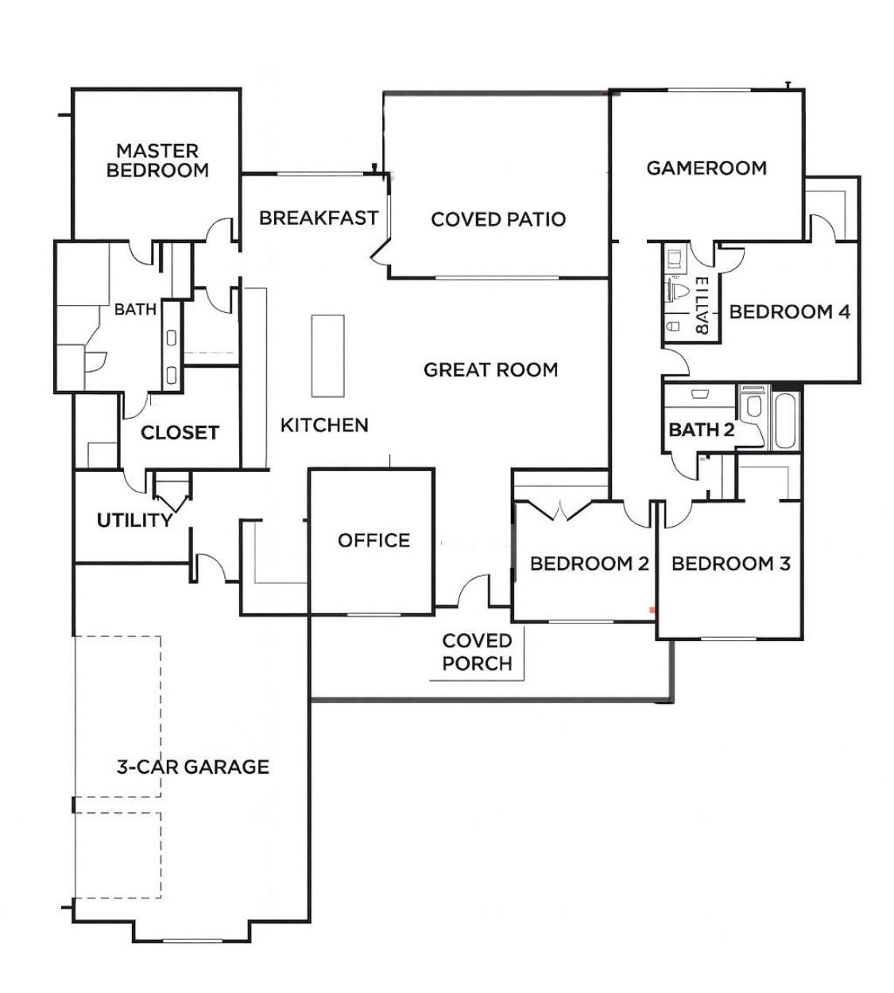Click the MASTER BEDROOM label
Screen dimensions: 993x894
click(157, 160)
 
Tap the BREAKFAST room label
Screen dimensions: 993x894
click(318, 218)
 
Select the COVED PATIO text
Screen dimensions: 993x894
click(498, 219)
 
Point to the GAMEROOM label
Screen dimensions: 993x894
click(706, 168)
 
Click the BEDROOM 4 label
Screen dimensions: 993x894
click(789, 312)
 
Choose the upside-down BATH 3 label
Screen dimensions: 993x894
click(701, 307)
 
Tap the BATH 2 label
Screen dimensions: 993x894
click(701, 431)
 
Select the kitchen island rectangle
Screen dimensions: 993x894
click(327, 356)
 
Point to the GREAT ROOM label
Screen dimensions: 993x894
click(490, 370)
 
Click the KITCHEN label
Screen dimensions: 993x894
click(324, 426)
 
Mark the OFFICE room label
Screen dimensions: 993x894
click(373, 541)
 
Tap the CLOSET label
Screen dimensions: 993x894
click(180, 433)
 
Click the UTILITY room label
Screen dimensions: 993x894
click(134, 521)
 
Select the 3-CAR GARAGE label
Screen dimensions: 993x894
click(193, 767)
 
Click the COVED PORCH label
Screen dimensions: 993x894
click(477, 652)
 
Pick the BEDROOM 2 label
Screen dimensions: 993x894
click(589, 564)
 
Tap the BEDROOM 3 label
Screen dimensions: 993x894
click(730, 564)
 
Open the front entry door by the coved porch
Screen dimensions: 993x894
click(474, 592)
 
